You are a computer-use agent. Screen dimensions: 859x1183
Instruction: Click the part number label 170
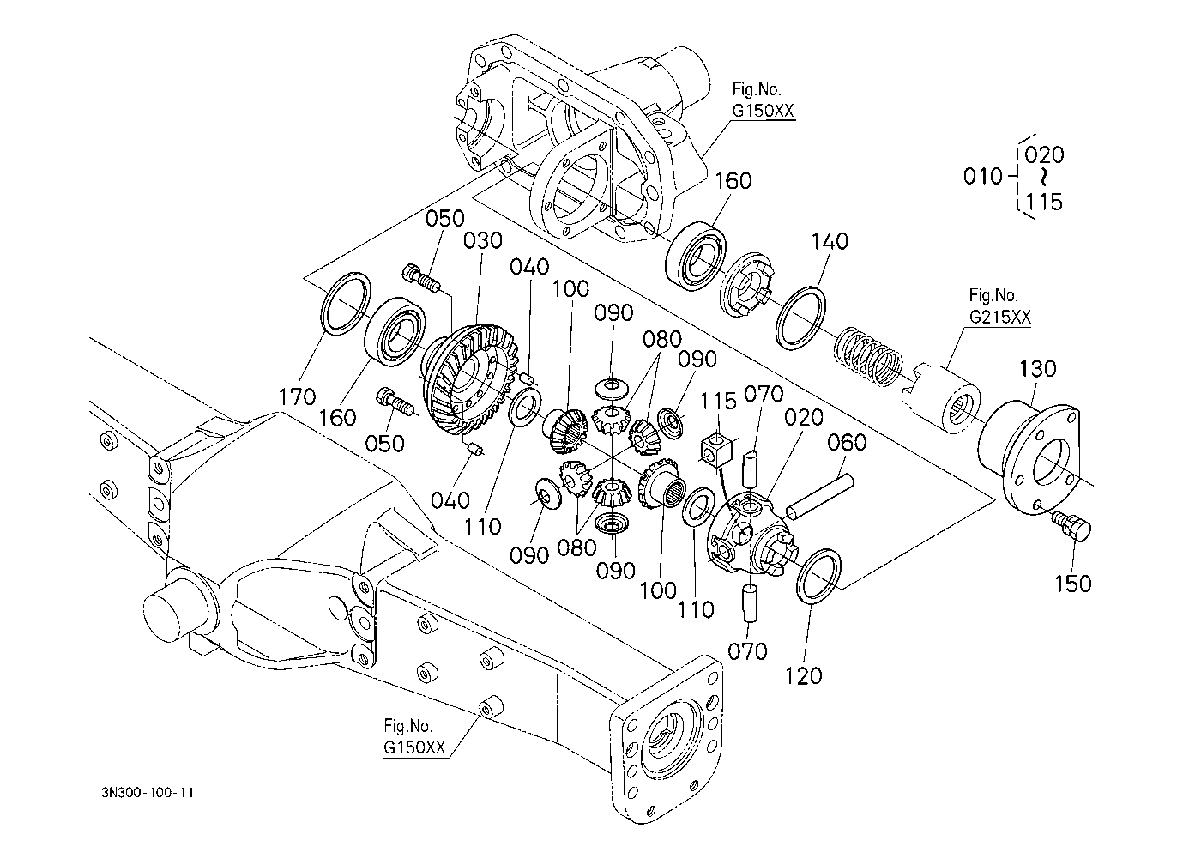(297, 396)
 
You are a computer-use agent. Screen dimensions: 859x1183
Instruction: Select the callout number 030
(482, 241)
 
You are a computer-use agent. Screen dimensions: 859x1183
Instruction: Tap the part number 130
(1037, 369)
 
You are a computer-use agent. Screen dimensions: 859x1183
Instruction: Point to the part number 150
(1072, 583)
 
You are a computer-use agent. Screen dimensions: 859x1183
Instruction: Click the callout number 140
(829, 241)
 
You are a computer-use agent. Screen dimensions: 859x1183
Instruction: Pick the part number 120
(803, 676)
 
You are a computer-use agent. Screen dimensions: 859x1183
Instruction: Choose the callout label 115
(718, 401)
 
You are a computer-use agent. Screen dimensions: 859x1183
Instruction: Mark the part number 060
(847, 443)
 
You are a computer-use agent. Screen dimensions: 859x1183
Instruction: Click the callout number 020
(804, 418)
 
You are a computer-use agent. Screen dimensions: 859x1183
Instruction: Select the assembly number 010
(982, 177)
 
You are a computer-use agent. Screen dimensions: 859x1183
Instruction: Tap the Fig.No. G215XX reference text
(1000, 306)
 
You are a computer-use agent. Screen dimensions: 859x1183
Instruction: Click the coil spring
(868, 354)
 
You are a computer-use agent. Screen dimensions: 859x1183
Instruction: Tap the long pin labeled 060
(820, 498)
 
